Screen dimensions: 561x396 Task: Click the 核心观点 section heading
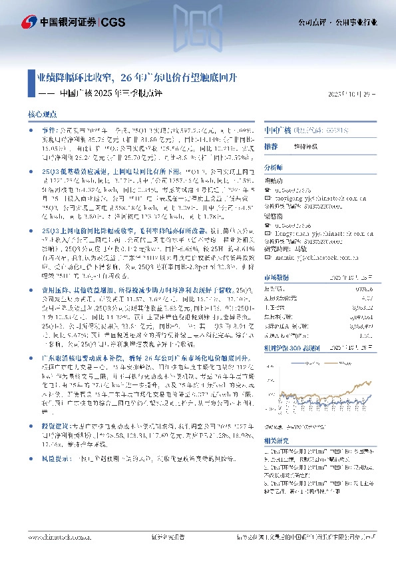tap(43, 115)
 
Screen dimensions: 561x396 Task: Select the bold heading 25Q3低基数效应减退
tap(79, 171)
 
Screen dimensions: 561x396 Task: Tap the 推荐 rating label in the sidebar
tap(271, 145)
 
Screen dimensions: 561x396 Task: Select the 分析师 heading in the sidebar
tap(274, 169)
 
